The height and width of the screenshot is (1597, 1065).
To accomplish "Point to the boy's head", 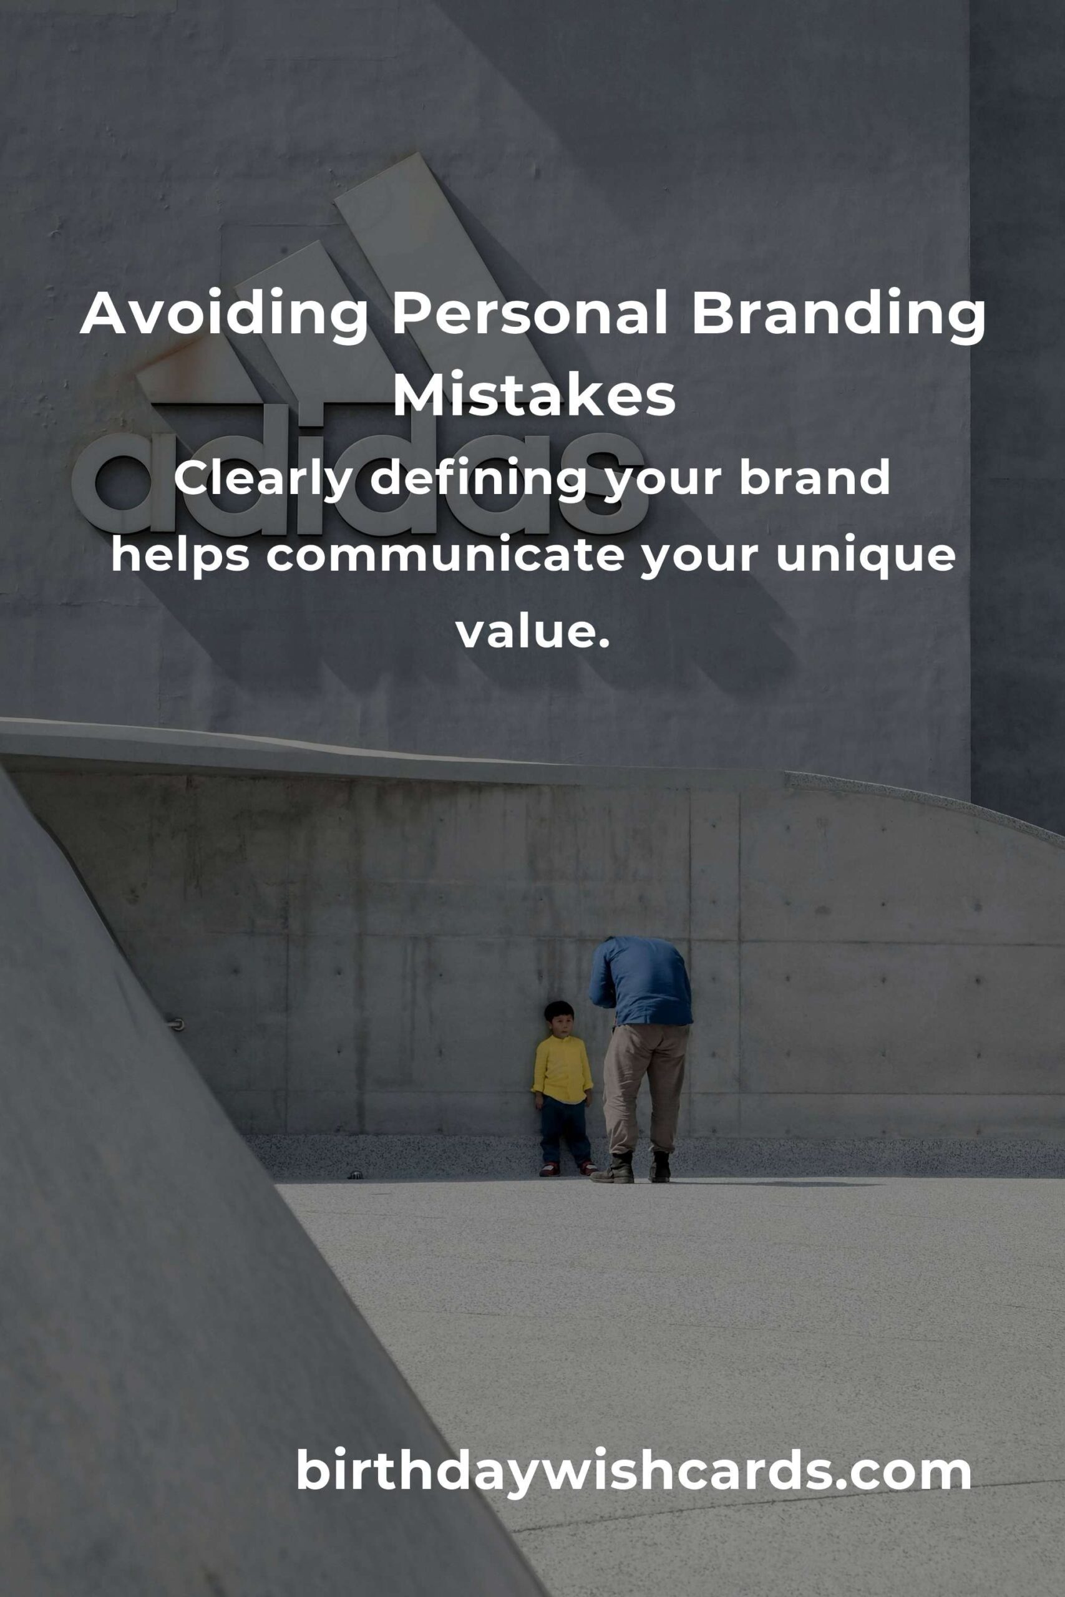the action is click(560, 1017).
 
